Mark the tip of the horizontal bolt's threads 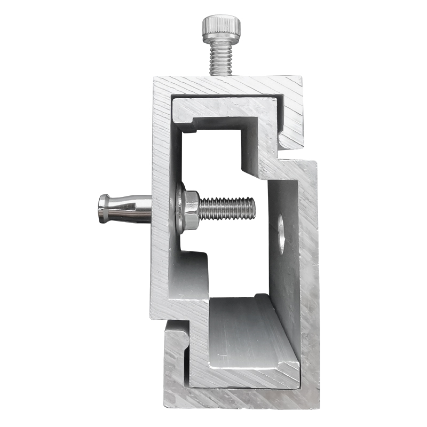[x=252, y=208]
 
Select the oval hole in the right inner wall [x=281, y=234]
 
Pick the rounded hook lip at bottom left [x=176, y=334]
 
